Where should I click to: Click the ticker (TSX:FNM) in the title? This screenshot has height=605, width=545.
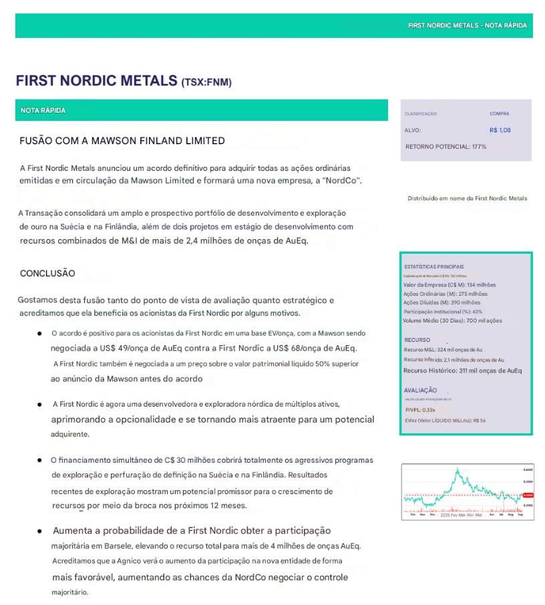click(x=206, y=82)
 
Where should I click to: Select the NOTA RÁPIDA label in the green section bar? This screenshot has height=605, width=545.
click(x=43, y=110)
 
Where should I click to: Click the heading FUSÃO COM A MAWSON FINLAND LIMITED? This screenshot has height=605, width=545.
click(x=122, y=141)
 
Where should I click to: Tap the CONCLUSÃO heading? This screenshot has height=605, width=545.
click(x=47, y=273)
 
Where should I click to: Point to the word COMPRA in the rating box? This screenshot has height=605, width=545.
click(x=499, y=114)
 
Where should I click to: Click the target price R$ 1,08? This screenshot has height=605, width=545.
click(x=500, y=130)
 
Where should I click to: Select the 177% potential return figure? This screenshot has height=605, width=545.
click(x=479, y=146)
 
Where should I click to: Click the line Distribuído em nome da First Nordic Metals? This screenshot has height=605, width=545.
click(x=467, y=198)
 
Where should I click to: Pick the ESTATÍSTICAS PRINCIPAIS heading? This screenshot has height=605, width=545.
click(x=433, y=266)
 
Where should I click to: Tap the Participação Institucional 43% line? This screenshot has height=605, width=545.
click(x=443, y=311)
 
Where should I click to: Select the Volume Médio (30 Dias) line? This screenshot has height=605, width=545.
click(x=453, y=321)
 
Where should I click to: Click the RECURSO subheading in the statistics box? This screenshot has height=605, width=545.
click(x=417, y=340)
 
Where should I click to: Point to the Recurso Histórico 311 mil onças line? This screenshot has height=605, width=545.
click(x=462, y=371)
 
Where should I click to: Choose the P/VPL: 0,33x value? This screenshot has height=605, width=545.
click(x=420, y=410)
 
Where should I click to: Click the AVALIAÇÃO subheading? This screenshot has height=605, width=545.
click(x=420, y=390)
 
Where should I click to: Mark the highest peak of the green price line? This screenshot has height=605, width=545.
click(x=457, y=470)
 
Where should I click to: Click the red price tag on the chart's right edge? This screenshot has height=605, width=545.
click(x=528, y=495)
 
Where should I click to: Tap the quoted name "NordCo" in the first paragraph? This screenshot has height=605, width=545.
click(x=343, y=182)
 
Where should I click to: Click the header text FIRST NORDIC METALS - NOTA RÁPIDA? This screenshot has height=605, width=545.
click(x=467, y=25)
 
